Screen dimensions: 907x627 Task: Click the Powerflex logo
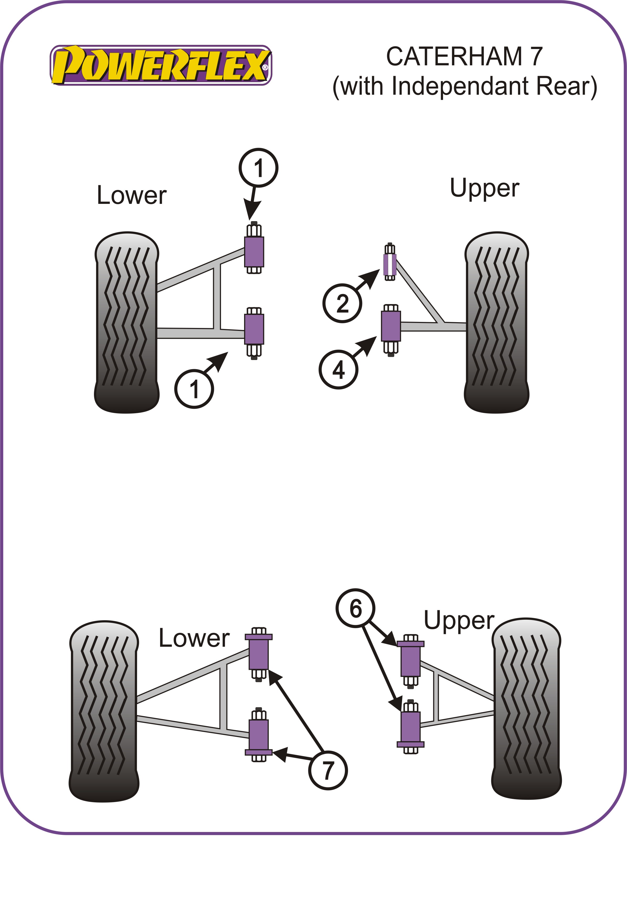[161, 65]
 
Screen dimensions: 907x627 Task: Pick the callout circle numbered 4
[338, 369]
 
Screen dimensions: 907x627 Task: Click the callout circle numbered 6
[356, 609]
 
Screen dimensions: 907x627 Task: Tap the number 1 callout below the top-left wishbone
[194, 389]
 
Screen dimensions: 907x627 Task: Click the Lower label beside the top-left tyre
[131, 195]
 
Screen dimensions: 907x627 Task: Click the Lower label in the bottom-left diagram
[194, 638]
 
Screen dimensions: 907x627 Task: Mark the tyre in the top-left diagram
[127, 322]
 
